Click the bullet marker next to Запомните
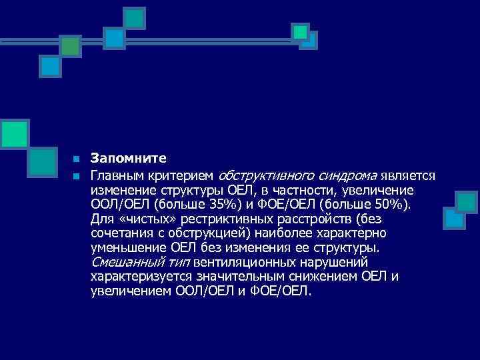(x=77, y=159)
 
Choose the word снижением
(x=322, y=277)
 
